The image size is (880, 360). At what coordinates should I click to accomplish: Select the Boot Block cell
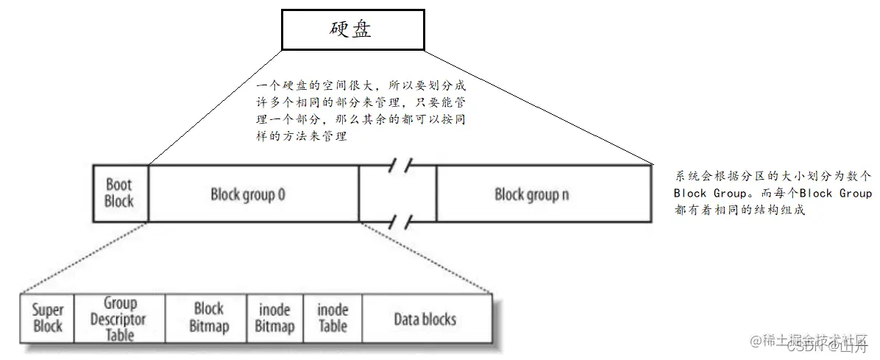[x=120, y=193]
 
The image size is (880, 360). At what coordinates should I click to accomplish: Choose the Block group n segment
[x=531, y=195]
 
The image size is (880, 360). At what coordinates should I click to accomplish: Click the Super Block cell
[x=48, y=319]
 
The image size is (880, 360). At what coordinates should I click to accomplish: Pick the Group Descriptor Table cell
[x=120, y=319]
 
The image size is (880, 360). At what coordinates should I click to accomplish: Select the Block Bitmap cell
[x=208, y=318]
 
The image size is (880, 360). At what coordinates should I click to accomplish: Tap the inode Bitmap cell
[x=274, y=319]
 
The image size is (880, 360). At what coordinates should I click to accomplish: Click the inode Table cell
[x=333, y=318]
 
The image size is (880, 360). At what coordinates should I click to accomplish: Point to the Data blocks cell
[x=425, y=319]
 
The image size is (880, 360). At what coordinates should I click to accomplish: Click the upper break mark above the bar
[x=400, y=166]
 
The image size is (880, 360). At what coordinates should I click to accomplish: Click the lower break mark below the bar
[x=400, y=222]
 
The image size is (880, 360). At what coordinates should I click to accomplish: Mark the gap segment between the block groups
[x=397, y=194]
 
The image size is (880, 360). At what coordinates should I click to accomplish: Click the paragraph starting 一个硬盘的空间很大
[x=361, y=110]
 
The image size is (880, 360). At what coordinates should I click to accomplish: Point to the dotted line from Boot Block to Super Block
[x=85, y=258]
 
